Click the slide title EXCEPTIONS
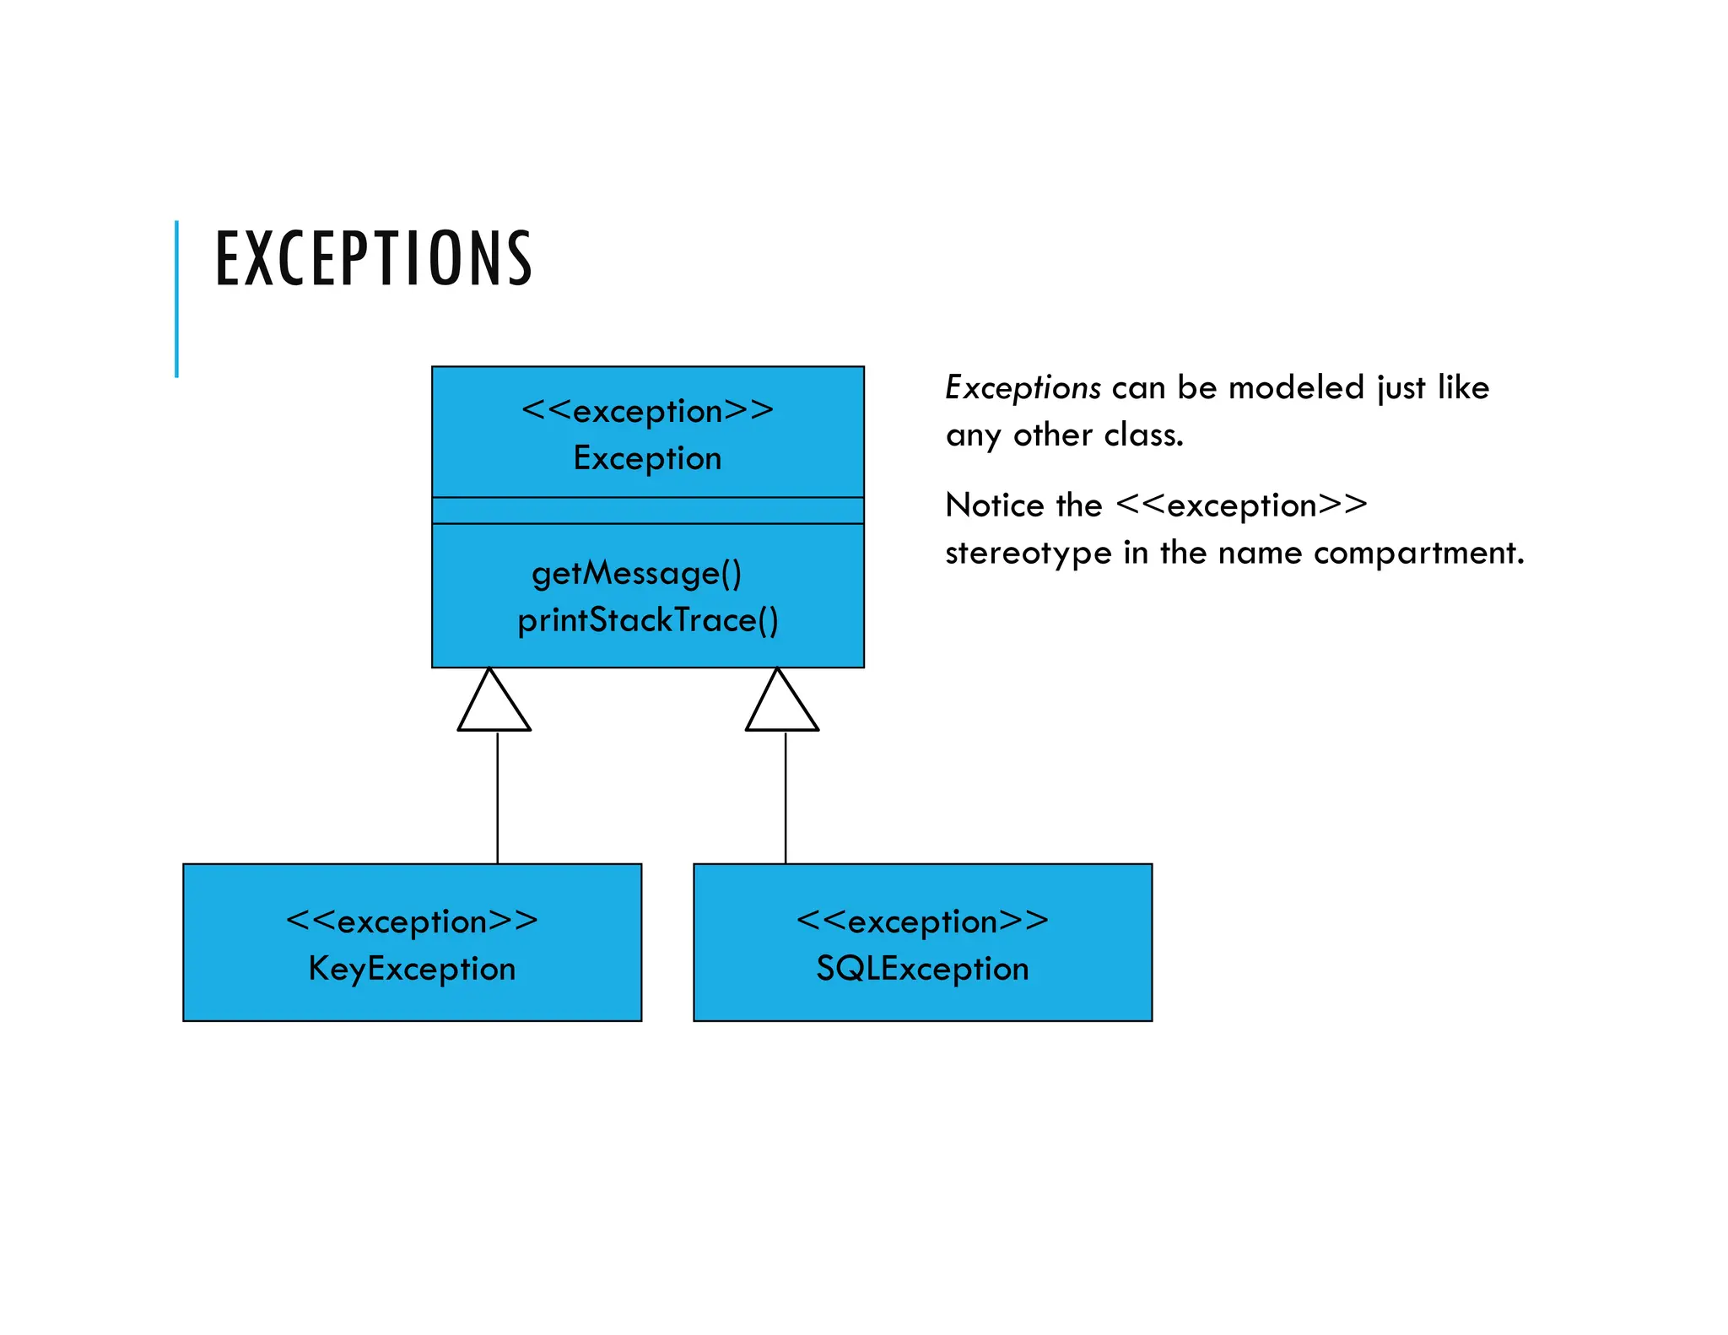coord(374,258)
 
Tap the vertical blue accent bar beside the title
coord(176,299)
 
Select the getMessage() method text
coord(636,573)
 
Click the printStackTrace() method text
coord(647,620)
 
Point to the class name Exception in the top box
coord(647,458)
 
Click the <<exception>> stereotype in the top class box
coord(647,411)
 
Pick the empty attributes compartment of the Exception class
coord(647,511)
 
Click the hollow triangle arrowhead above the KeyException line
coord(494,705)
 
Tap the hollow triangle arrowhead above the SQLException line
coord(781,705)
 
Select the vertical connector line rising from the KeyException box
coord(497,797)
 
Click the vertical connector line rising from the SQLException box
coord(785,797)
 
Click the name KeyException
coord(412,969)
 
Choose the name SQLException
coord(922,969)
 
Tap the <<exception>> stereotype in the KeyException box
coord(412,922)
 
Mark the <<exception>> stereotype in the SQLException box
coord(922,922)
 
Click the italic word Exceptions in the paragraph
coord(1022,388)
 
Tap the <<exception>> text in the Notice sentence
coord(1241,505)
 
